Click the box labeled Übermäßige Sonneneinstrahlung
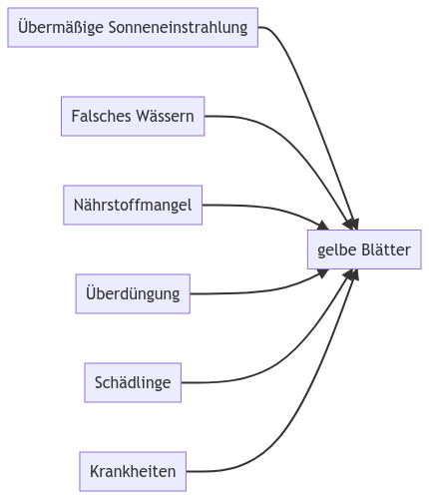(133, 27)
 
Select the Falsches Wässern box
(133, 116)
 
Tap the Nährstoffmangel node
(133, 205)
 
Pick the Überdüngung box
(133, 293)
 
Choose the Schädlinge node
(133, 382)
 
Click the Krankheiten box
(133, 471)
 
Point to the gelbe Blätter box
(364, 249)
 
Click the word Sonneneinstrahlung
(178, 27)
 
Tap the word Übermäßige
(61, 27)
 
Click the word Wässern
(165, 116)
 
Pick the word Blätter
(386, 249)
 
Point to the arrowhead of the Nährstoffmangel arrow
(323, 226)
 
